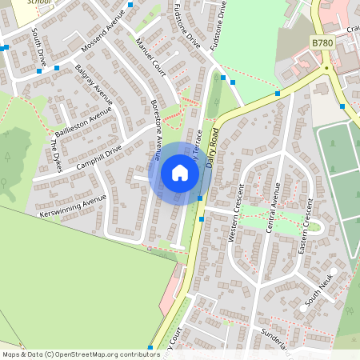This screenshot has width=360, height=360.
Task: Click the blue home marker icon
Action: (x=180, y=173)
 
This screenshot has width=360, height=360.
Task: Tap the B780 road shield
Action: (x=322, y=42)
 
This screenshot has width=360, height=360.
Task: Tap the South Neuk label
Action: (x=318, y=293)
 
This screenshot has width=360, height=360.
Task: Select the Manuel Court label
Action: (x=150, y=58)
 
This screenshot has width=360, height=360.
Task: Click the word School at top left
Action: (x=38, y=2)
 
